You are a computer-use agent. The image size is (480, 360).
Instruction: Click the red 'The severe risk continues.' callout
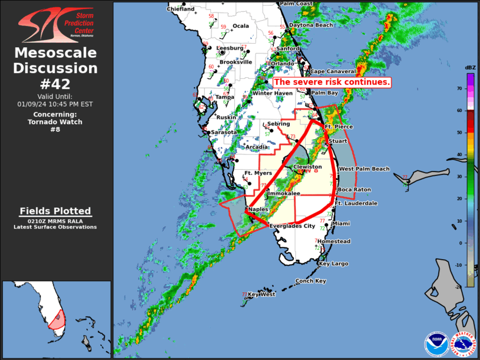pos(332,82)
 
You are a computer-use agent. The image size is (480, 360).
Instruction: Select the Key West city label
pos(261,293)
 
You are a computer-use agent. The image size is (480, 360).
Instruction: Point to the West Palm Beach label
pos(364,169)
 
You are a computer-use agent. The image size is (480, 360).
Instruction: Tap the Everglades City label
pos(292,226)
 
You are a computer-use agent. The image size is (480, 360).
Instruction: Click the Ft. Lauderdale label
pos(356,203)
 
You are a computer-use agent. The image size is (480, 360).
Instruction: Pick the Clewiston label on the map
pos(307,167)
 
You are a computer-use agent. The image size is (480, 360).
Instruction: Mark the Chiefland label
pos(181,9)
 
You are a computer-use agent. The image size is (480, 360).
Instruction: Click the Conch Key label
pos(310,281)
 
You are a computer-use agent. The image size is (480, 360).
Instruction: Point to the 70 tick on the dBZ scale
pos(461,88)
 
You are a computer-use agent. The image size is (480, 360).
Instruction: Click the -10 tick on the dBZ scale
pos(461,265)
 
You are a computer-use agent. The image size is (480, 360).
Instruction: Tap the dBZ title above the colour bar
pos(470,68)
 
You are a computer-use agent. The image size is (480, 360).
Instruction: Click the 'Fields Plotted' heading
pos(55,211)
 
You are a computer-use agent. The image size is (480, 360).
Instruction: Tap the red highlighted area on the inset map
pos(57,319)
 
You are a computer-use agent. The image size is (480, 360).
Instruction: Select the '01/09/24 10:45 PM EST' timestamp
pos(55,104)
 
